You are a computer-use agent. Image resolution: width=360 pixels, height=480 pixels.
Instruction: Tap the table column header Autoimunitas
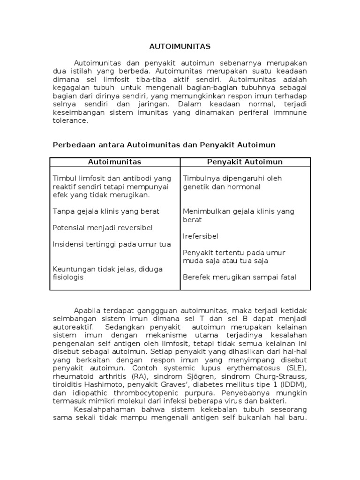tap(115, 162)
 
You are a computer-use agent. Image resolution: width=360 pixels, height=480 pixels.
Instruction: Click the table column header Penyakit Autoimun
tap(245, 162)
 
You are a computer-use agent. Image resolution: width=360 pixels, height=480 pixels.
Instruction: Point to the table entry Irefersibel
tap(201, 236)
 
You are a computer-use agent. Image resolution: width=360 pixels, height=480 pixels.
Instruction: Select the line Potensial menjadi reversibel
tap(103, 228)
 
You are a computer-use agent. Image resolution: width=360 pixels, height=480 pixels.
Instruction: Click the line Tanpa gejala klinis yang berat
tap(106, 211)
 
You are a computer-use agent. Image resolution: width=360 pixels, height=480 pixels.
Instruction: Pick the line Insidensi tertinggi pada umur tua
tap(112, 244)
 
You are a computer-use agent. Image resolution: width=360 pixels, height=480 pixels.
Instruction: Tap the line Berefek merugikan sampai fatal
tap(240, 277)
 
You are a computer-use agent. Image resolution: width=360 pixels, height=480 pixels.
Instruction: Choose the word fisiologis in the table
tap(68, 277)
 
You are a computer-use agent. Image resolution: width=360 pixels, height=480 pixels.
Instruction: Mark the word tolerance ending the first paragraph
tap(70, 121)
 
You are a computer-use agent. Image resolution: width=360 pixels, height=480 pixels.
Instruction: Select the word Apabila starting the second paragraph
tap(87, 310)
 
